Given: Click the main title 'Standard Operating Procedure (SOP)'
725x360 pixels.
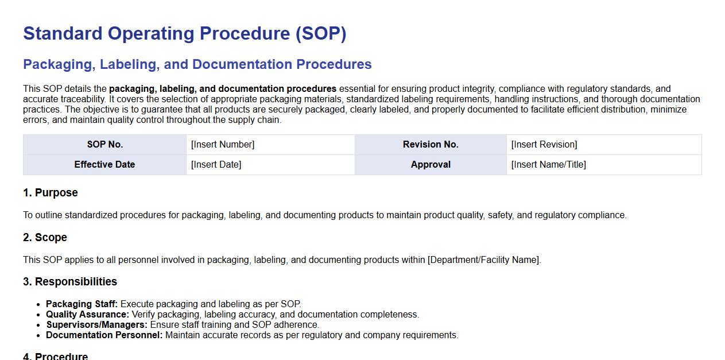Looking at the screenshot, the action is pyautogui.click(x=184, y=34).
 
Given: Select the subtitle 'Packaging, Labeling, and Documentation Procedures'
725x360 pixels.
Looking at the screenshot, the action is pyautogui.click(x=197, y=64).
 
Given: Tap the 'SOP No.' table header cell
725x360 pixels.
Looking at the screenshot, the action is pyautogui.click(x=105, y=144).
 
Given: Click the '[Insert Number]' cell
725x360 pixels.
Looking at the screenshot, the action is pyautogui.click(x=270, y=144).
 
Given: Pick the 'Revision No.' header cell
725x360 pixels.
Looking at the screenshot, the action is pyautogui.click(x=431, y=144).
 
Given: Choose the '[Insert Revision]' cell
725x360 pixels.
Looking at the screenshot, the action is pyautogui.click(x=604, y=144).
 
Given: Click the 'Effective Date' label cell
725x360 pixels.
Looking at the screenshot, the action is pyautogui.click(x=105, y=164).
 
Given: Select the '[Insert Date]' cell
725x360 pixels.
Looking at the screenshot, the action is pyautogui.click(x=270, y=164).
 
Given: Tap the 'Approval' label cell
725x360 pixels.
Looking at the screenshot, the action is pyautogui.click(x=431, y=164).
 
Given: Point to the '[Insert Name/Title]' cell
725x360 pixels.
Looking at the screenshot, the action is pyautogui.click(x=604, y=164).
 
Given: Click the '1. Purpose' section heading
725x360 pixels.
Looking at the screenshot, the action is pyautogui.click(x=51, y=192).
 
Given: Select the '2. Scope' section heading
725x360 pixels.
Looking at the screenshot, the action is pyautogui.click(x=45, y=237).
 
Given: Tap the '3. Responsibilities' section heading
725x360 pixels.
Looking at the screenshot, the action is pyautogui.click(x=70, y=282).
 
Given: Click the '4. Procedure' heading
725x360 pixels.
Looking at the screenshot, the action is pyautogui.click(x=55, y=356).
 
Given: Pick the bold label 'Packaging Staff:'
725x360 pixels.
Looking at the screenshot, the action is pyautogui.click(x=82, y=304).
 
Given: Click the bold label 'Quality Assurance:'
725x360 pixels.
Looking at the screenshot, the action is pyautogui.click(x=87, y=314).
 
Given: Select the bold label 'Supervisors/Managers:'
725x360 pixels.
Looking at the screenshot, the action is pyautogui.click(x=97, y=325).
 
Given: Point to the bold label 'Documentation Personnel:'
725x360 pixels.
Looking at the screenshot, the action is pyautogui.click(x=104, y=335).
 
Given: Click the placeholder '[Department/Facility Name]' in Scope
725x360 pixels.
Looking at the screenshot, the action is pyautogui.click(x=483, y=260).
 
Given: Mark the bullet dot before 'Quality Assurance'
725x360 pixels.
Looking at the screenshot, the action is pyautogui.click(x=38, y=315).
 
